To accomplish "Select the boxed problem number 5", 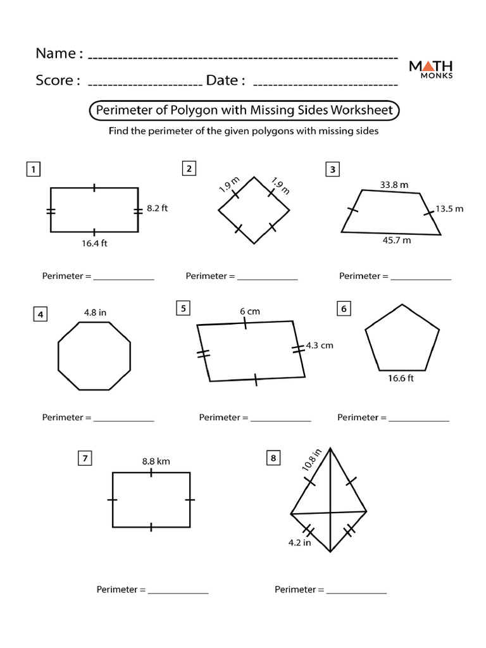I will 184,308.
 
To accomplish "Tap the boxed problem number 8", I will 273,459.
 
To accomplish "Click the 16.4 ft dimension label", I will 94,244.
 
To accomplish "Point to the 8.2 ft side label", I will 157,208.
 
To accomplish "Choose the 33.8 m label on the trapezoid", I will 394,185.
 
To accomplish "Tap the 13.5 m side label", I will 450,209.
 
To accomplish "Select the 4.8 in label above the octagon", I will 95,312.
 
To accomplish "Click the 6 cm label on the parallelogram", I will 250,311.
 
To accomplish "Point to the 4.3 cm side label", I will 320,346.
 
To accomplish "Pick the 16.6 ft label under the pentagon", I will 401,378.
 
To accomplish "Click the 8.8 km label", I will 156,461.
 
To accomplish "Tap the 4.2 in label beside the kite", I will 299,542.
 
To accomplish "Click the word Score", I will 56,80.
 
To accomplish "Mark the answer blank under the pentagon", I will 419,418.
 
